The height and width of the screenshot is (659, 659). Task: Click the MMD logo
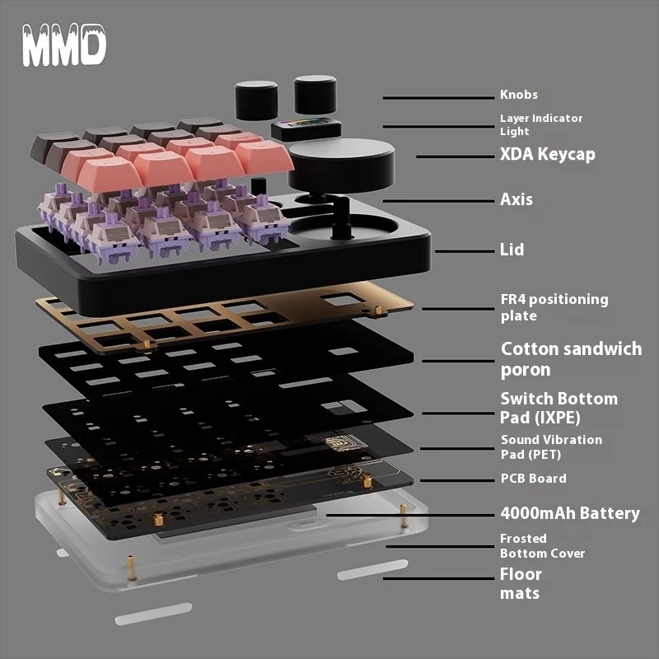click(x=63, y=46)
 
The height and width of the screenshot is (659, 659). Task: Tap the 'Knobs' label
click(x=518, y=95)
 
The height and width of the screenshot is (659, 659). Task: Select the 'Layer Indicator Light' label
click(x=540, y=124)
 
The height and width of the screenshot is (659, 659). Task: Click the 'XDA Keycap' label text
click(x=547, y=154)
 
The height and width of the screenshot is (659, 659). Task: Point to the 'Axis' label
click(x=516, y=199)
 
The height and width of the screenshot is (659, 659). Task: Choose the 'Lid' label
click(x=512, y=249)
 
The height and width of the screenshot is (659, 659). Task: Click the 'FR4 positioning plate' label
click(x=554, y=307)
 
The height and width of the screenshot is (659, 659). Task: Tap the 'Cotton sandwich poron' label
click(x=571, y=359)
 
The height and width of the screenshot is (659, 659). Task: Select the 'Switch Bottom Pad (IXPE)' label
click(x=559, y=407)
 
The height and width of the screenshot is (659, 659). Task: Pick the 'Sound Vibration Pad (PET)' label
click(x=551, y=446)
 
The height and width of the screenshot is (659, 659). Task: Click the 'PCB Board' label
click(x=533, y=478)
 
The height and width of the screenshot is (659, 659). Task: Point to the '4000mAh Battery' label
click(x=569, y=513)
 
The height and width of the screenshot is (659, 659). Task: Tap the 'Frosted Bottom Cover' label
click(x=542, y=545)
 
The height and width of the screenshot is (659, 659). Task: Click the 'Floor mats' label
click(x=521, y=582)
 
